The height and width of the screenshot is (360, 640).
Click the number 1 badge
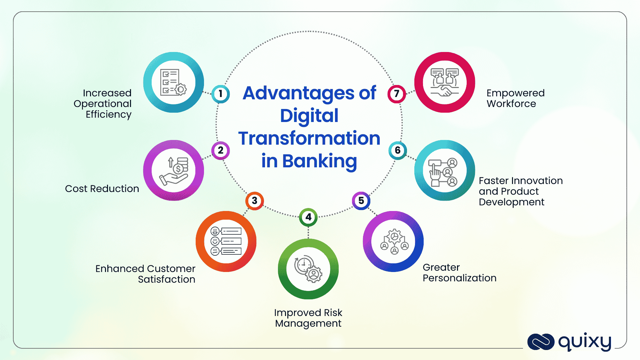coord(220,94)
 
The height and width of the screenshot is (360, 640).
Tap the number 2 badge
coord(220,150)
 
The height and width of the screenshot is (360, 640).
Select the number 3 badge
coord(255,201)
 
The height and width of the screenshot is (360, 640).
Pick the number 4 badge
coord(308,217)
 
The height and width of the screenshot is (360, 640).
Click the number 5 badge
coord(361,201)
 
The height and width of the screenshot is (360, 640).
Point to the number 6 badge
coord(398,150)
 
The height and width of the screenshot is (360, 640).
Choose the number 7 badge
coord(397,94)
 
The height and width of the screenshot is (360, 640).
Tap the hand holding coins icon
coord(174,171)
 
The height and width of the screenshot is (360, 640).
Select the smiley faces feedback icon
coord(226,241)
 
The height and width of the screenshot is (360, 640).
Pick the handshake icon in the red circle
coord(445,82)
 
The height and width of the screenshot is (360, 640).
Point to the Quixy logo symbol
coord(541,342)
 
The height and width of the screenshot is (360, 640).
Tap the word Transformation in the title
coord(309,138)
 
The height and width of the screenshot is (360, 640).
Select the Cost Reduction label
coord(102,189)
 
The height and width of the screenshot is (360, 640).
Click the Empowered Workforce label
coord(516,98)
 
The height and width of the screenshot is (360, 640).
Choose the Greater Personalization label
coord(460,273)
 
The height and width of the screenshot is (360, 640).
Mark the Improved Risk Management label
coord(308,318)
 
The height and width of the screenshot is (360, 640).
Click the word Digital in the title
coord(309,116)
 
